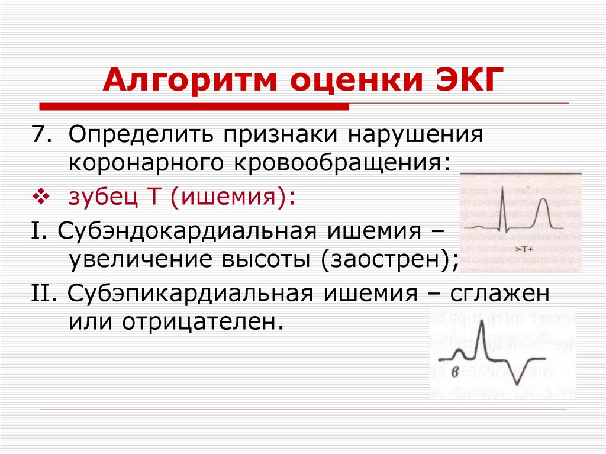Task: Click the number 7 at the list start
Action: (x=38, y=134)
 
